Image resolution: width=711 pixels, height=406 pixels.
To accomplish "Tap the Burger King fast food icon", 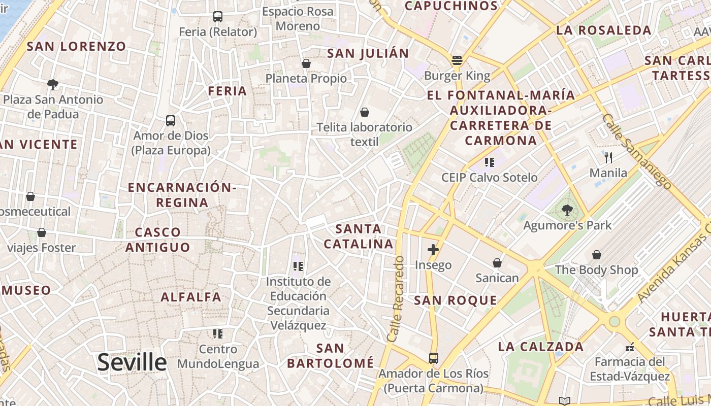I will (x=457, y=61).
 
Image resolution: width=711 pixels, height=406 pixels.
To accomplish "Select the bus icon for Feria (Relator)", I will (x=218, y=17).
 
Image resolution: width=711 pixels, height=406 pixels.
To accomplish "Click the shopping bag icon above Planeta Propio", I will (x=306, y=63).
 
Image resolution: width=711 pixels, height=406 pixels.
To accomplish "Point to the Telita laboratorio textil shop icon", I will (x=364, y=112).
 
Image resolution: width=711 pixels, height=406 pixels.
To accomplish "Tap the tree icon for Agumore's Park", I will (x=567, y=210).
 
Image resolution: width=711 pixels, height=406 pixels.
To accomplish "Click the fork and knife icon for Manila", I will (x=609, y=157).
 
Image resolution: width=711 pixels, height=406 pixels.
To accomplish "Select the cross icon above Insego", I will (x=433, y=250).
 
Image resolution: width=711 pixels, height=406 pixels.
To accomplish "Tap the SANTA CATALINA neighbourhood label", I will (x=359, y=236).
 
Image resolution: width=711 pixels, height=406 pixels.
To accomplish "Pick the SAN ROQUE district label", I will (x=456, y=300).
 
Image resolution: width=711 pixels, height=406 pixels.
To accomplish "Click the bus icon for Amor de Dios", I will (x=171, y=121).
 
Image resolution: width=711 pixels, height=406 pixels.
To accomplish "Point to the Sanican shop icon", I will (x=497, y=263).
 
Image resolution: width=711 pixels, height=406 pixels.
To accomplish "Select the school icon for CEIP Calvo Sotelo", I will (x=490, y=162).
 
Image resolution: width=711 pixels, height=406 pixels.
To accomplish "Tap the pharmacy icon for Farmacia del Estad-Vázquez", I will (x=630, y=347).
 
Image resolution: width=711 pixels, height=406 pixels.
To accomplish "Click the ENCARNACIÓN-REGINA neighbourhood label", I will (x=182, y=195).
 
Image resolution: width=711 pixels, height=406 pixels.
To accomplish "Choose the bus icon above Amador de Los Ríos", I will (x=433, y=358).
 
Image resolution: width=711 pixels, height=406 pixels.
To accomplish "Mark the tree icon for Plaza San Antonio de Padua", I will (x=52, y=84).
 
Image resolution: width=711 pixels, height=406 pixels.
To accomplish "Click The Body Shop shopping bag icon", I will (x=597, y=254).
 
